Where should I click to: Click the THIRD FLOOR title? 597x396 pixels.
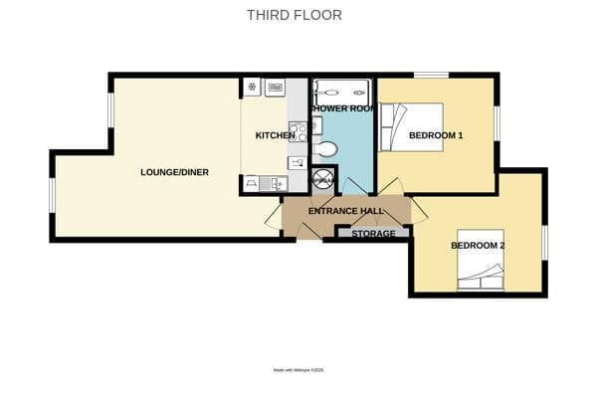click(x=294, y=15)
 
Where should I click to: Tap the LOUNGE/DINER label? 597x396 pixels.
click(x=174, y=172)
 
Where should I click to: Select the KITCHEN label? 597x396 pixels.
click(x=274, y=135)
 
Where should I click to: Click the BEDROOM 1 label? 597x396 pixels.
click(x=436, y=135)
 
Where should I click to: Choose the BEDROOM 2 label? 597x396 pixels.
click(x=478, y=246)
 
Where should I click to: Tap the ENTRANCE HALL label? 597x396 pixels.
click(x=345, y=211)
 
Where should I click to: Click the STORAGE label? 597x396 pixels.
click(x=373, y=234)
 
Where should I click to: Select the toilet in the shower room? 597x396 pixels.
click(x=325, y=149)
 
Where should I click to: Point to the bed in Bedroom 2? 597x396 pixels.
click(x=481, y=269)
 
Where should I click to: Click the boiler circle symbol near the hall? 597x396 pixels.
click(x=323, y=181)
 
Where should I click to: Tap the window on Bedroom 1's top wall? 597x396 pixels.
click(x=430, y=75)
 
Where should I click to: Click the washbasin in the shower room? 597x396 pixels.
click(x=316, y=124)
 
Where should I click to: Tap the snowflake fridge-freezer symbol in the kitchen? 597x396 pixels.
click(x=252, y=87)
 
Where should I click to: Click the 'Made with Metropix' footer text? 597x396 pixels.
click(x=298, y=370)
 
